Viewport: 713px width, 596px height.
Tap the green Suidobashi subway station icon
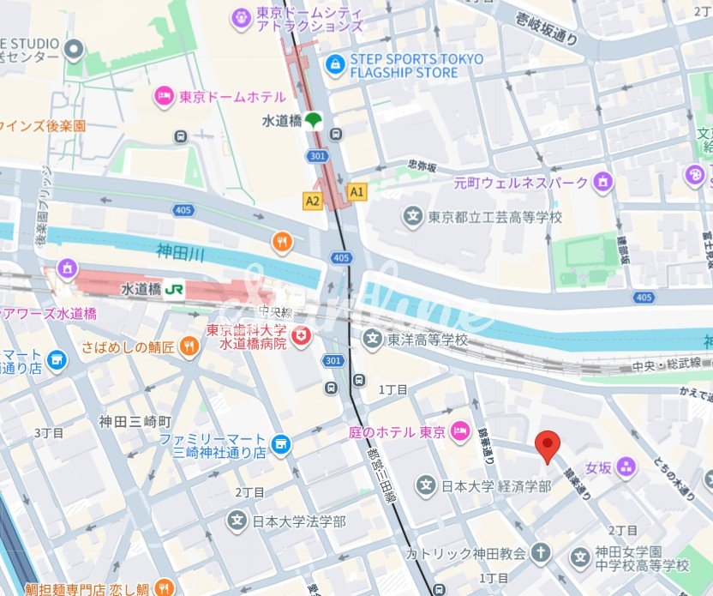click(x=314, y=122)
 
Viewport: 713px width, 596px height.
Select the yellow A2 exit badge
click(x=312, y=201)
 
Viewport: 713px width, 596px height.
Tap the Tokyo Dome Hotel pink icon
click(x=163, y=97)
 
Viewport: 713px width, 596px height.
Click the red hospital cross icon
click(x=301, y=337)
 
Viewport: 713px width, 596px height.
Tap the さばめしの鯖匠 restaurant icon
click(x=190, y=346)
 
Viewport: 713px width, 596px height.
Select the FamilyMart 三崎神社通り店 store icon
click(x=280, y=444)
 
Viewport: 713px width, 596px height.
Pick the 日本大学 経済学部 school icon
click(x=426, y=486)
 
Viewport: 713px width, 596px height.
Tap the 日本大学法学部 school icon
click(x=237, y=521)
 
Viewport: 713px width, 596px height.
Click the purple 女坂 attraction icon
click(x=626, y=467)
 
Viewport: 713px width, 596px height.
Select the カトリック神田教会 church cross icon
click(x=540, y=553)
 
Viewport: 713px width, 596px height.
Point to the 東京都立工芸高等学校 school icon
click(x=413, y=217)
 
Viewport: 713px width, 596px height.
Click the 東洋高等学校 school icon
click(x=372, y=340)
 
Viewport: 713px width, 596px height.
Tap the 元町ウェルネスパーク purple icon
click(x=605, y=182)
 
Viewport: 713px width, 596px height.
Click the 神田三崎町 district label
click(x=135, y=421)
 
